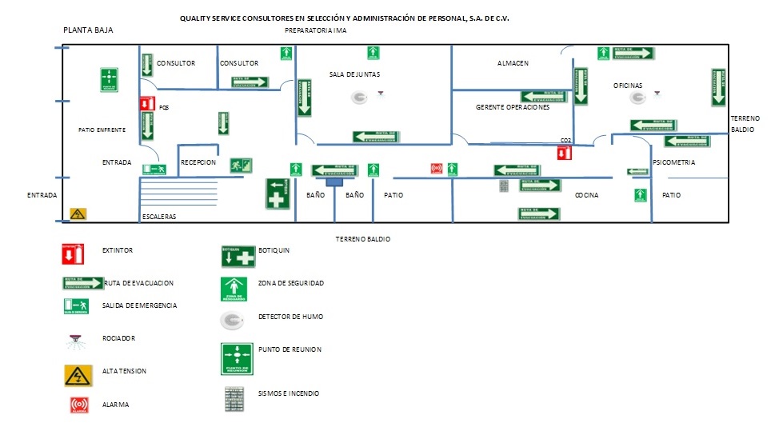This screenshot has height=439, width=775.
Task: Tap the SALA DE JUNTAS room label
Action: tap(354, 74)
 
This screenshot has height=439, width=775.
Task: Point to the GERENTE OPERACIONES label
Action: tap(513, 107)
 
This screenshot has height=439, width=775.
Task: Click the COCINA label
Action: tap(586, 195)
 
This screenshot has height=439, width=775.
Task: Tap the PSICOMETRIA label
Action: tap(673, 162)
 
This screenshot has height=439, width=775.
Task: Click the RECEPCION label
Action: tap(198, 162)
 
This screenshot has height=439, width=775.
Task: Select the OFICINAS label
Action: tap(628, 86)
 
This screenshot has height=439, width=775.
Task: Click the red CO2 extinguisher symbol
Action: tap(565, 152)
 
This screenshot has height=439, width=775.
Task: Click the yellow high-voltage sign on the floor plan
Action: tap(78, 214)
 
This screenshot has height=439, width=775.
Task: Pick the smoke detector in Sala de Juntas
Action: tap(359, 98)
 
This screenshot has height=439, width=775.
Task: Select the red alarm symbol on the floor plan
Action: tap(436, 169)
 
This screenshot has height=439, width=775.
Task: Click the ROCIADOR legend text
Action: tap(119, 338)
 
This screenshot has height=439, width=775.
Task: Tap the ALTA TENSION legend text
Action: tap(124, 371)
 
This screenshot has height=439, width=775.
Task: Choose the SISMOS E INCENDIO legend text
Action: tap(289, 393)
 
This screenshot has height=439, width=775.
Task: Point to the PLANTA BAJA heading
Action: tap(89, 30)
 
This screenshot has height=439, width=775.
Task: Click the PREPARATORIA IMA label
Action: tap(316, 30)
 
